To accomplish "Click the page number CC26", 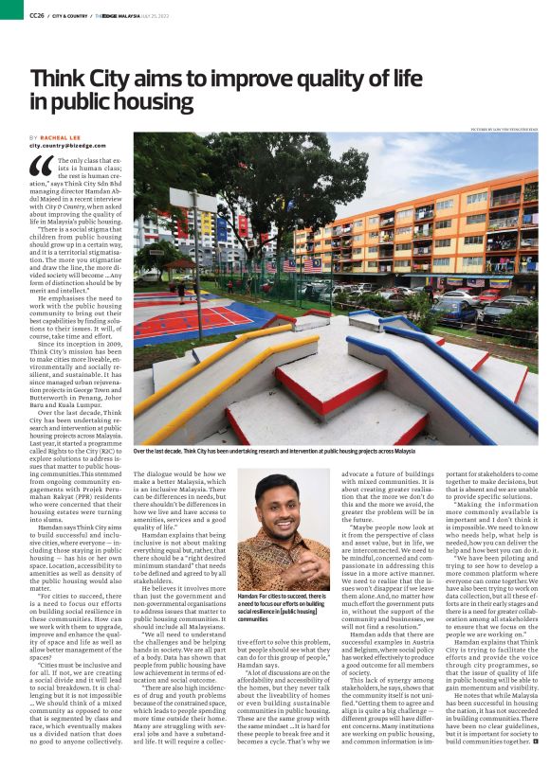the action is (x=36, y=15).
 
